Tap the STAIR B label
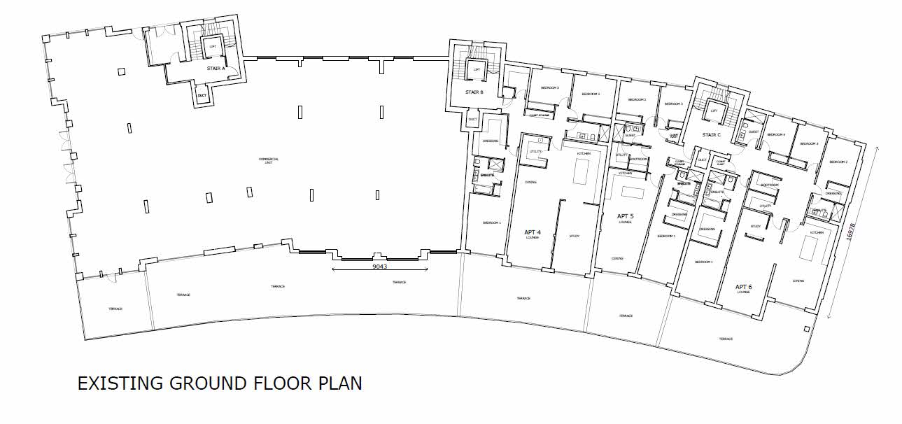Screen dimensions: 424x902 [x=474, y=92]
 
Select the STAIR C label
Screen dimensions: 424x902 [x=712, y=134]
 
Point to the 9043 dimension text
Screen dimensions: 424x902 [x=379, y=267]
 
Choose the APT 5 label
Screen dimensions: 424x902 [x=626, y=216]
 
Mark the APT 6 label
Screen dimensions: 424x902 [x=743, y=287]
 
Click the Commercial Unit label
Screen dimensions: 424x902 [x=269, y=160]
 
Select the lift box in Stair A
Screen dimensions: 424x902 [x=213, y=47]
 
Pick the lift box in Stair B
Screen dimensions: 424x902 [x=477, y=69]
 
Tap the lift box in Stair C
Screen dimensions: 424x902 [x=714, y=111]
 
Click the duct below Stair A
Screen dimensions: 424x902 [x=202, y=95]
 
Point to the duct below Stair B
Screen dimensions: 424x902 [x=472, y=120]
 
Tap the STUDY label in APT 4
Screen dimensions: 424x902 [x=575, y=235]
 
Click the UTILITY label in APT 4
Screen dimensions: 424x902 [x=536, y=152]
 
